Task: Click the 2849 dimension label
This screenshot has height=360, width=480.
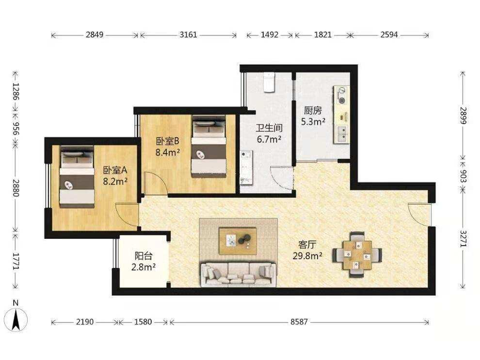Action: (x=94, y=35)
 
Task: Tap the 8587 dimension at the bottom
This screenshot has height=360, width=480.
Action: (x=299, y=322)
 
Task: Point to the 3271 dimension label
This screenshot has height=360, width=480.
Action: (x=463, y=238)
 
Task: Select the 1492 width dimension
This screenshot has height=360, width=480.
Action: (x=269, y=35)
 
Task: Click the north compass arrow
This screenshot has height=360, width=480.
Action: (x=16, y=319)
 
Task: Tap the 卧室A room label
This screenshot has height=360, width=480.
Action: (x=115, y=170)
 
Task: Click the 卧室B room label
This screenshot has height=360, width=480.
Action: (x=167, y=141)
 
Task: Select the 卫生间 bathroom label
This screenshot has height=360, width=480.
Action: (x=269, y=128)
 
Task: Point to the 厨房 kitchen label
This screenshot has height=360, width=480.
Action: (x=313, y=110)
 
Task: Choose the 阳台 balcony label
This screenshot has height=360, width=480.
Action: (x=143, y=256)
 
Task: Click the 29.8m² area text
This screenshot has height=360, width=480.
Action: (x=307, y=256)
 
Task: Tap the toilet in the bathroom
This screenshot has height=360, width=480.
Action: (x=269, y=82)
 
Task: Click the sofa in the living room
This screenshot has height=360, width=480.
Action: (x=238, y=274)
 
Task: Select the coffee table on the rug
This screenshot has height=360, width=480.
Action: (x=238, y=241)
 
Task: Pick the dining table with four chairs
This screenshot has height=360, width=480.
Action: (x=357, y=254)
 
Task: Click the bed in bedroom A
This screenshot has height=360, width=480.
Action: (x=77, y=177)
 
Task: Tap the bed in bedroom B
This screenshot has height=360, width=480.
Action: (x=209, y=146)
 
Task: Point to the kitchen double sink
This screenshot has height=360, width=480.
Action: (x=342, y=134)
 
